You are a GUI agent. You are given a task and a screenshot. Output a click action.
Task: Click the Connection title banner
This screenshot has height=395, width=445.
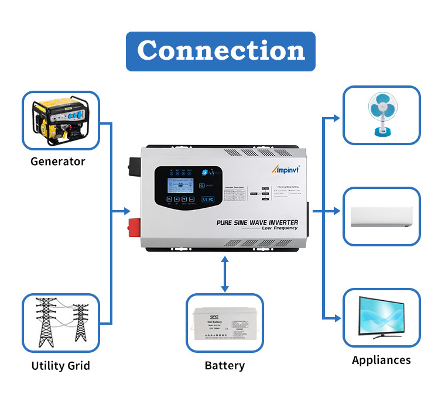(221, 51)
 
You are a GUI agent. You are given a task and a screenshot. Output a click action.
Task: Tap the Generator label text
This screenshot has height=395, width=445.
(58, 162)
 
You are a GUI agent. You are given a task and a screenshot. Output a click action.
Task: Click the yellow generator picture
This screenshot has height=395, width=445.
(60, 121)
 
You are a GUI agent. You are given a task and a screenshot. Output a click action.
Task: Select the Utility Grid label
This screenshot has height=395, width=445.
(61, 366)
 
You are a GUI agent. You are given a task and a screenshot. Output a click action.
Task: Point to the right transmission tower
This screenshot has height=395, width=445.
(81, 325)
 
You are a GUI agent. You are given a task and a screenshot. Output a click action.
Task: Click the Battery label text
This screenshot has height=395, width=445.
(224, 366)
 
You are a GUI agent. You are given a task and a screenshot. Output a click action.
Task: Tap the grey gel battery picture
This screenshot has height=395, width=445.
(224, 323)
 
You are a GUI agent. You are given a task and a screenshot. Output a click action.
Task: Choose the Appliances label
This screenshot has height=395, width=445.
(381, 360)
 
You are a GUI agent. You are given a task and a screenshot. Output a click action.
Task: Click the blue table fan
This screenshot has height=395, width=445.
(381, 115)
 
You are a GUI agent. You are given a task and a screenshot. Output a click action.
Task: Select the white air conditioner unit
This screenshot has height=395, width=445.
(381, 217)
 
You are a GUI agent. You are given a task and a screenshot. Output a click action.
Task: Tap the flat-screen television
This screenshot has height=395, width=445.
(381, 317)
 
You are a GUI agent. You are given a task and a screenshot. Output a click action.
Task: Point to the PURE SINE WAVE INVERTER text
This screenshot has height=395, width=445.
(257, 222)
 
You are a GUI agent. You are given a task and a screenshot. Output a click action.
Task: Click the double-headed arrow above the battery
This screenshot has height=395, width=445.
(224, 274)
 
